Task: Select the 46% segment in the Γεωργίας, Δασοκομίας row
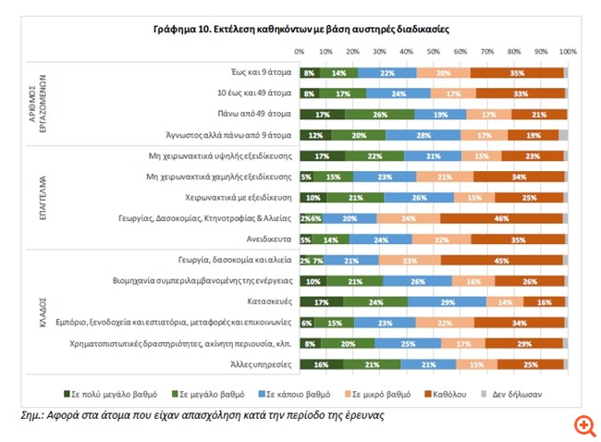[499, 218]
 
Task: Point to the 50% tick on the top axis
[433, 52]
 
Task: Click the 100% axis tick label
[568, 52]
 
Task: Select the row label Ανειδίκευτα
[268, 239]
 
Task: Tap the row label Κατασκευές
[268, 301]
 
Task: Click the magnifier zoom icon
[583, 425]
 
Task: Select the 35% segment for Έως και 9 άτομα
[517, 72]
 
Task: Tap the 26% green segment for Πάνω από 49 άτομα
[379, 114]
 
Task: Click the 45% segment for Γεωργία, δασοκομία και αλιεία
[501, 260]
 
